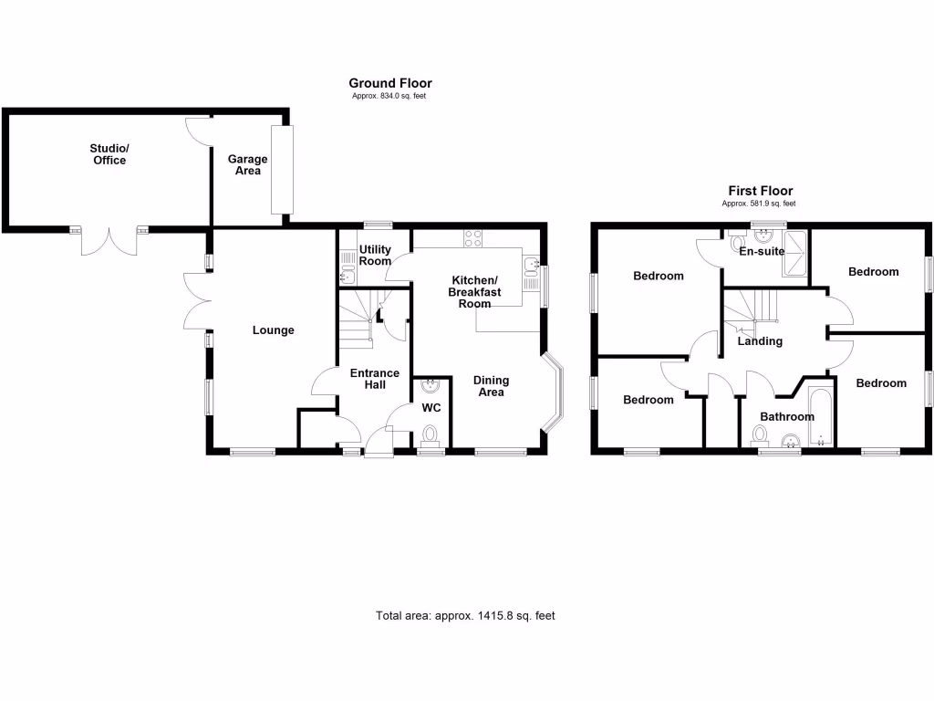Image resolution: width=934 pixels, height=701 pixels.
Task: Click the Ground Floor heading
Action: (389, 83)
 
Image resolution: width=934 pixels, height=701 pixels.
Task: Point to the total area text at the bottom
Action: (465, 615)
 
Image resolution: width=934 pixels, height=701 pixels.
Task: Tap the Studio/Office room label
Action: (109, 153)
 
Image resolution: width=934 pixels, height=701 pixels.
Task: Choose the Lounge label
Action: (273, 330)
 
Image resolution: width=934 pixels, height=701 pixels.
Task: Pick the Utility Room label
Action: (375, 255)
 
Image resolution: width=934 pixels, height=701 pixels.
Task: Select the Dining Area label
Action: (491, 386)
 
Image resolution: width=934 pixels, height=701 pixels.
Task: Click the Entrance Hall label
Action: (375, 378)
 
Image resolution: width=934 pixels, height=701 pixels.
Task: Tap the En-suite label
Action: (762, 251)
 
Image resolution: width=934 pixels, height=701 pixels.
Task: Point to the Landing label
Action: (760, 340)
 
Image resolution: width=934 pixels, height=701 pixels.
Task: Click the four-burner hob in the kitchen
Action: (473, 239)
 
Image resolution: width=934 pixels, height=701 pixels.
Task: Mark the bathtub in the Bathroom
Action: (821, 417)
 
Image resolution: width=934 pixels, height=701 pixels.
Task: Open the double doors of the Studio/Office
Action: (109, 241)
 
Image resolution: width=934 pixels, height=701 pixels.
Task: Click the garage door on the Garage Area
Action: (282, 171)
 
